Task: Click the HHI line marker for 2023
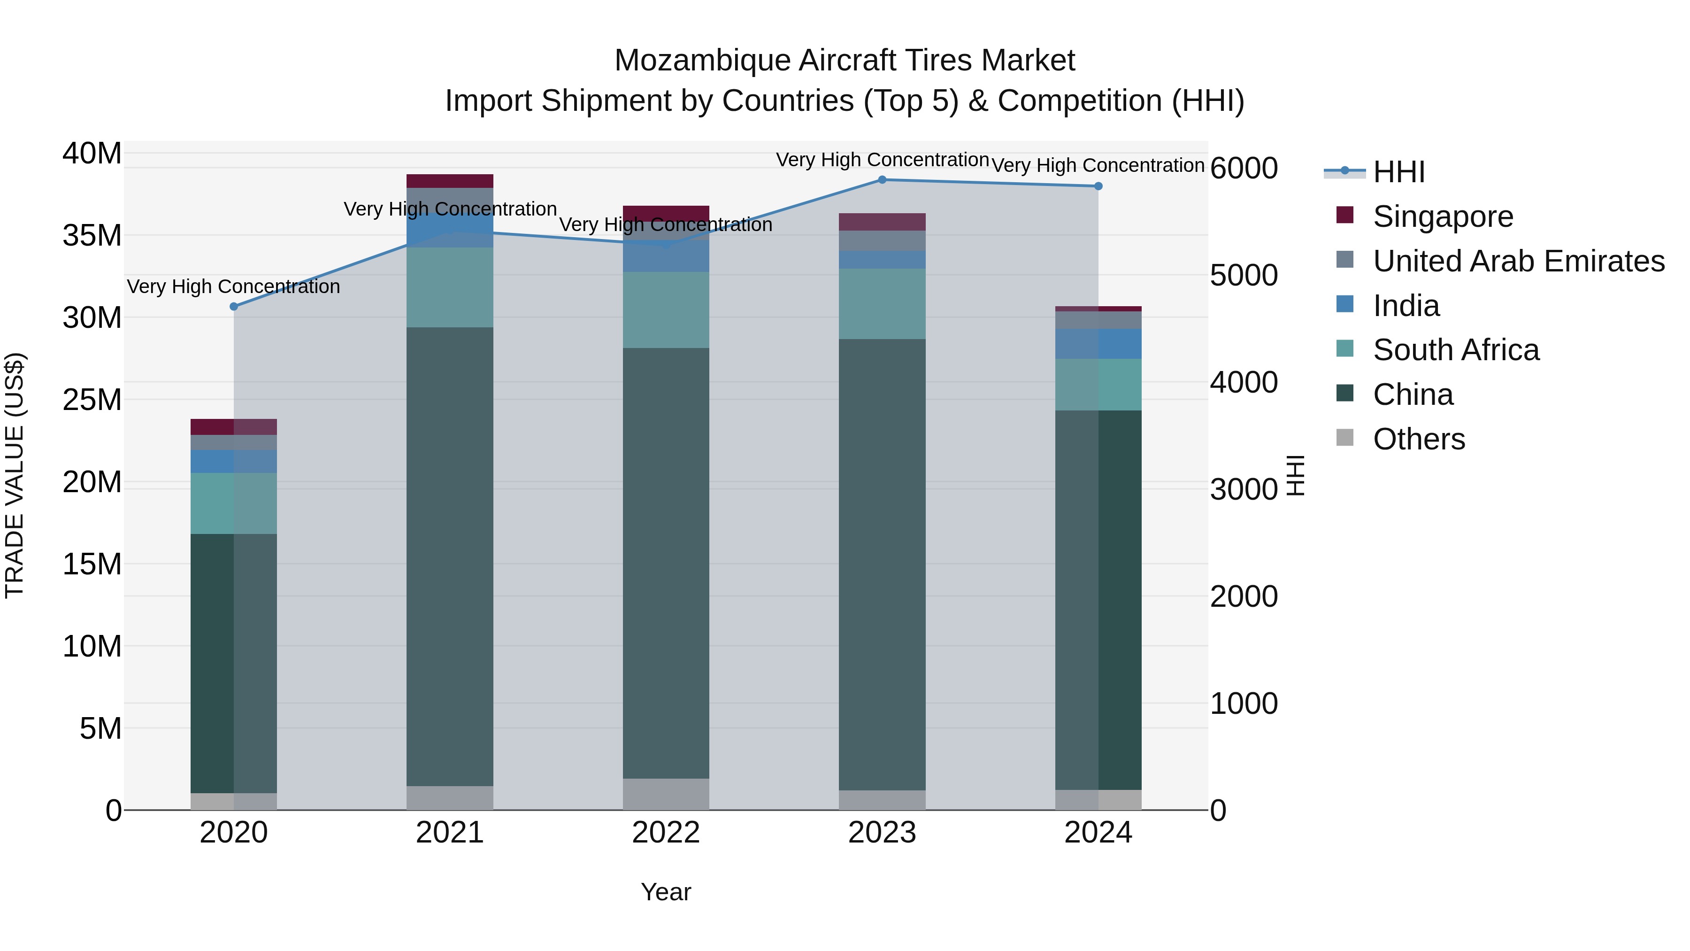point(882,180)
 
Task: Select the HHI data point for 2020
point(234,307)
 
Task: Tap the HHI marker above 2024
point(1098,186)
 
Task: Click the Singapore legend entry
point(1443,216)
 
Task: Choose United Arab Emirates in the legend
point(1518,261)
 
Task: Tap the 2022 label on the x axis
point(666,833)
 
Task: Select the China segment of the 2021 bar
point(450,557)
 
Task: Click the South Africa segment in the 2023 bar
point(882,303)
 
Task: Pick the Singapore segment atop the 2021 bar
point(450,181)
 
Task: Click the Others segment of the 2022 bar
point(666,794)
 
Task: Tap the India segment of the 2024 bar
point(1098,344)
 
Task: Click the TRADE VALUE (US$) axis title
point(15,475)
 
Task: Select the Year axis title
point(666,892)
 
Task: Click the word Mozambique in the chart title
point(701,61)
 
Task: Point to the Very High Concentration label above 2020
point(234,287)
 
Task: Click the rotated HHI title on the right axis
point(1295,475)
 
